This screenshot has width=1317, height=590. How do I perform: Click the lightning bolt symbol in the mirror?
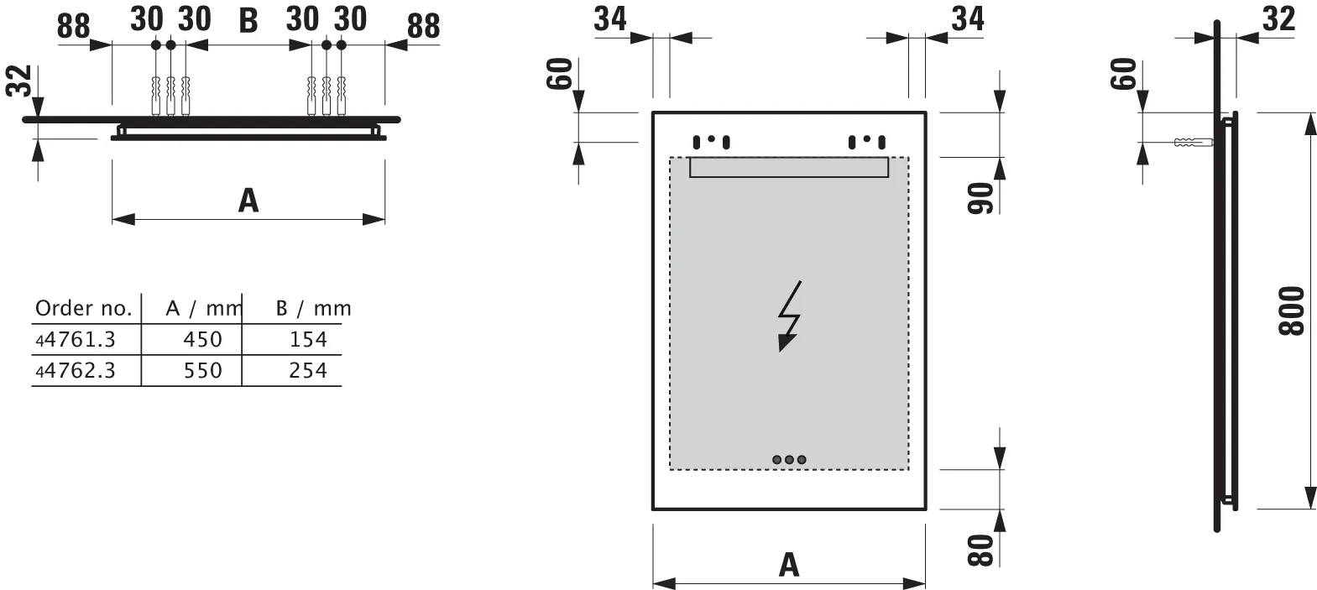[x=789, y=316]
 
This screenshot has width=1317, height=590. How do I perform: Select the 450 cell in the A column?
[x=202, y=339]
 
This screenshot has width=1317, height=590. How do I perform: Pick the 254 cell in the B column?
[x=307, y=370]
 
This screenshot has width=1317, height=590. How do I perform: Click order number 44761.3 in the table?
[x=76, y=339]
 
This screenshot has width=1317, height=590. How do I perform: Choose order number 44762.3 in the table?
[x=76, y=370]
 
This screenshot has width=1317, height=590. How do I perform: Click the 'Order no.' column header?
[x=84, y=308]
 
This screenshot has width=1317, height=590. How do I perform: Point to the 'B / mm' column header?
[x=313, y=308]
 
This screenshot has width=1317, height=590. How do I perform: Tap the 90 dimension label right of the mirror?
[x=981, y=196]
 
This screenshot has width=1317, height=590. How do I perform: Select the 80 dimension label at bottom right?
[x=981, y=550]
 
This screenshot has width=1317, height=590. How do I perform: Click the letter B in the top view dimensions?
[x=248, y=21]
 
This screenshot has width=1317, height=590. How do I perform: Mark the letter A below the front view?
[x=789, y=564]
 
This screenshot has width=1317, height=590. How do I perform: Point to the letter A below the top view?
[x=248, y=201]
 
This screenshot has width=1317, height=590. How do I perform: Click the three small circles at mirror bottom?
[x=789, y=460]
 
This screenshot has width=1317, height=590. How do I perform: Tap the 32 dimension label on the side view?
[x=1278, y=18]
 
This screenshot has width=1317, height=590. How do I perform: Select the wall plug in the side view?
[x=1192, y=143]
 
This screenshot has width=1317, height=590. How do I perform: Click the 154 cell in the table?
[x=307, y=339]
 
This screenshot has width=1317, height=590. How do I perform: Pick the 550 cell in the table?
[x=202, y=370]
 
